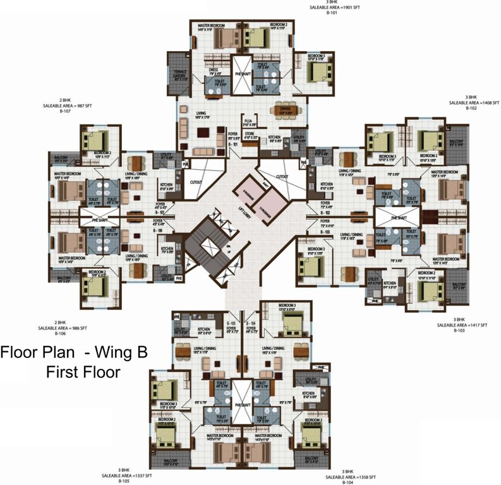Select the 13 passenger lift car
point(272,203)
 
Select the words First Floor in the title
point(83,372)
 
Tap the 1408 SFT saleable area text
point(474,102)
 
